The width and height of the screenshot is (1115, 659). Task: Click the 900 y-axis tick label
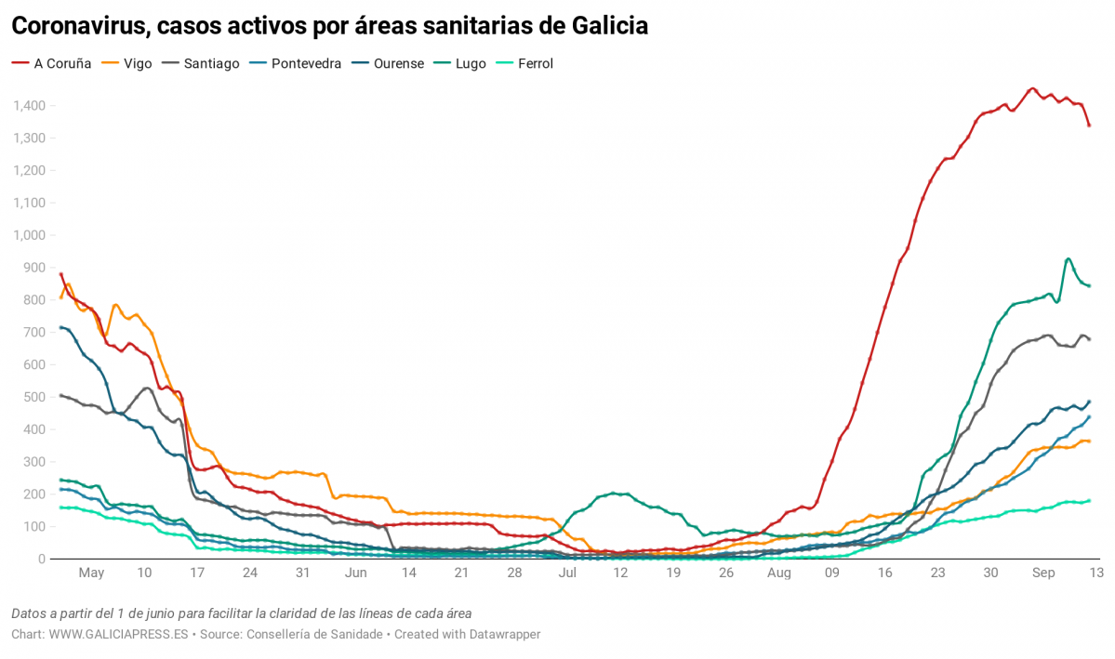coord(35,268)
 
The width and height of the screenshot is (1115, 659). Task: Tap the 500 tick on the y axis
coord(35,397)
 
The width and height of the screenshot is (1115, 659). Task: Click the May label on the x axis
coord(91,573)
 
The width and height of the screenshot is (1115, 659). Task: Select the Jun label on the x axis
coord(355,573)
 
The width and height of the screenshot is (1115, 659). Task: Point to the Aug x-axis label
coord(778,573)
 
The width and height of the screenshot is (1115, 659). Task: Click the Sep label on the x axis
coord(1045,573)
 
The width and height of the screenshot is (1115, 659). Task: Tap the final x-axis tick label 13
coord(1095,573)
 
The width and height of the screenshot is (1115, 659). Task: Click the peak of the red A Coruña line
coord(1032,89)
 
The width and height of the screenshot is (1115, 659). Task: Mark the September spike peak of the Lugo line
coord(1068,258)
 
